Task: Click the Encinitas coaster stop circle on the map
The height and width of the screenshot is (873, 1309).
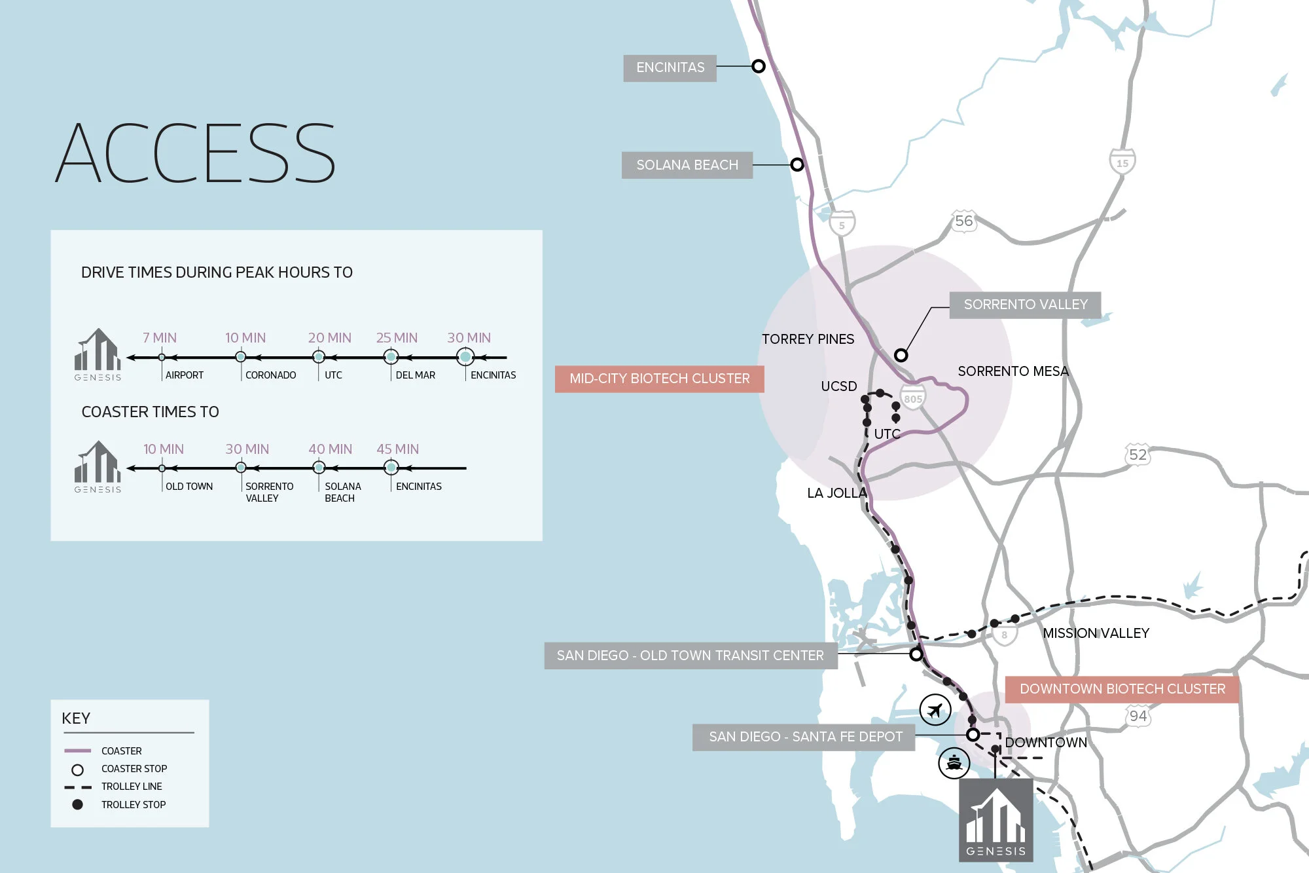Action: coord(759,66)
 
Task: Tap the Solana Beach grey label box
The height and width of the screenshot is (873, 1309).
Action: coord(687,165)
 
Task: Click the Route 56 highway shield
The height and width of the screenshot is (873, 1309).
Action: coord(963,221)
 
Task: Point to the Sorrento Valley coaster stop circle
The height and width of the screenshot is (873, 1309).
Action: coord(901,356)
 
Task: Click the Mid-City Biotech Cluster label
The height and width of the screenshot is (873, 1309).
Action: coord(659,379)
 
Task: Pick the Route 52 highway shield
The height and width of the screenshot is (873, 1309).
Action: coord(1138,455)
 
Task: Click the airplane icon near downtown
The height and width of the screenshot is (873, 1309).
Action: coord(935,710)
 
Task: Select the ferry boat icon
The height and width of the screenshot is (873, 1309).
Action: coord(954,763)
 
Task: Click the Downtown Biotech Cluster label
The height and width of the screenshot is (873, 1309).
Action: coord(1122,689)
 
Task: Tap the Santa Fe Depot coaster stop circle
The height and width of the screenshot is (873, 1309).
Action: coord(973,735)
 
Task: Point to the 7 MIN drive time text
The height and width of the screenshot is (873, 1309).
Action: coord(160,338)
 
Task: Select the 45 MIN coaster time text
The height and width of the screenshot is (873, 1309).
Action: coord(397,449)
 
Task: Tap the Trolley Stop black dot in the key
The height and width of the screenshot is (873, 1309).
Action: coord(77,804)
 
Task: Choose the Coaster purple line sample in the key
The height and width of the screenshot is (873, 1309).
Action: coord(77,751)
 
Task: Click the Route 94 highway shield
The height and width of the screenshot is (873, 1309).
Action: coord(1138,716)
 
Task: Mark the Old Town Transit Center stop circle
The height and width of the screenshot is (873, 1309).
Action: coord(916,654)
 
